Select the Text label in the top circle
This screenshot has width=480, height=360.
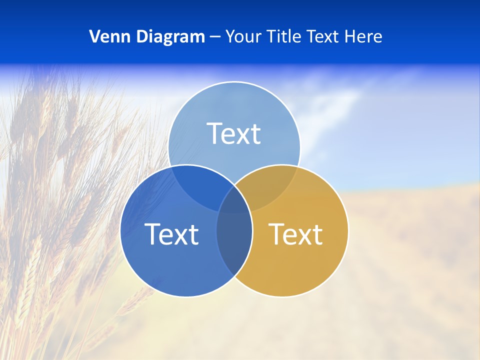point(234,133)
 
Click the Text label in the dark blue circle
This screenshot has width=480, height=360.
point(171,234)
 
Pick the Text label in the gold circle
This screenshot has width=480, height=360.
point(295,234)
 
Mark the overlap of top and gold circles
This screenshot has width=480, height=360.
point(272,185)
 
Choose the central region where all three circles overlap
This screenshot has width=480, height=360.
point(234,202)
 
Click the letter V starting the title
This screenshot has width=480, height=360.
point(94,36)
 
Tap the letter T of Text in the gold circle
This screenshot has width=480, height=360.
point(276,234)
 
